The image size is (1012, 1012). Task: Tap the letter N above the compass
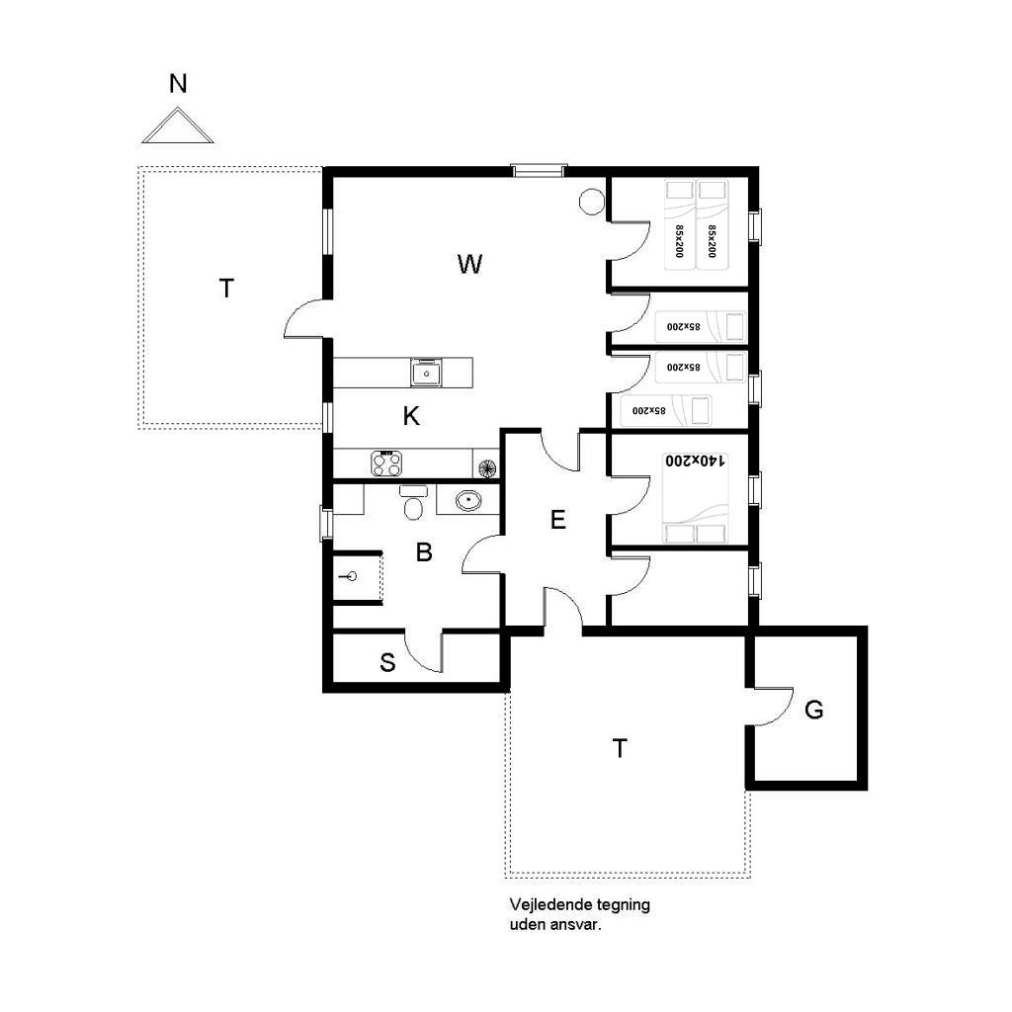pos(178,84)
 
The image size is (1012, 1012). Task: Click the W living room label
pos(469,264)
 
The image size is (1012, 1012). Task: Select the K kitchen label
pos(411,416)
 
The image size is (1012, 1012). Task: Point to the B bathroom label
pos(424,552)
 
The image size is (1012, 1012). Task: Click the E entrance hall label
pos(558,520)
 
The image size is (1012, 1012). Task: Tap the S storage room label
pos(387,662)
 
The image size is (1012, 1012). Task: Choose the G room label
pos(814,710)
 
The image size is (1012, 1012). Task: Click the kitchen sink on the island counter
pos(427,373)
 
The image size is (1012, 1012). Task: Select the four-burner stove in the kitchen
pos(386,464)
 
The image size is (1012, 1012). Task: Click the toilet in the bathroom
pos(413,503)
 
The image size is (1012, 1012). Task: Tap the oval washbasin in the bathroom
pos(467,499)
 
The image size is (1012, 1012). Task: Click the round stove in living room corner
pos(591,202)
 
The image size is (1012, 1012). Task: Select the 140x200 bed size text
pos(696,461)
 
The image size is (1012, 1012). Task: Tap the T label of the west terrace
pos(226,289)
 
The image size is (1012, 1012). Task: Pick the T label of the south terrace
pos(620,749)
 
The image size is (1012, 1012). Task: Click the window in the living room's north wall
pos(539,170)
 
